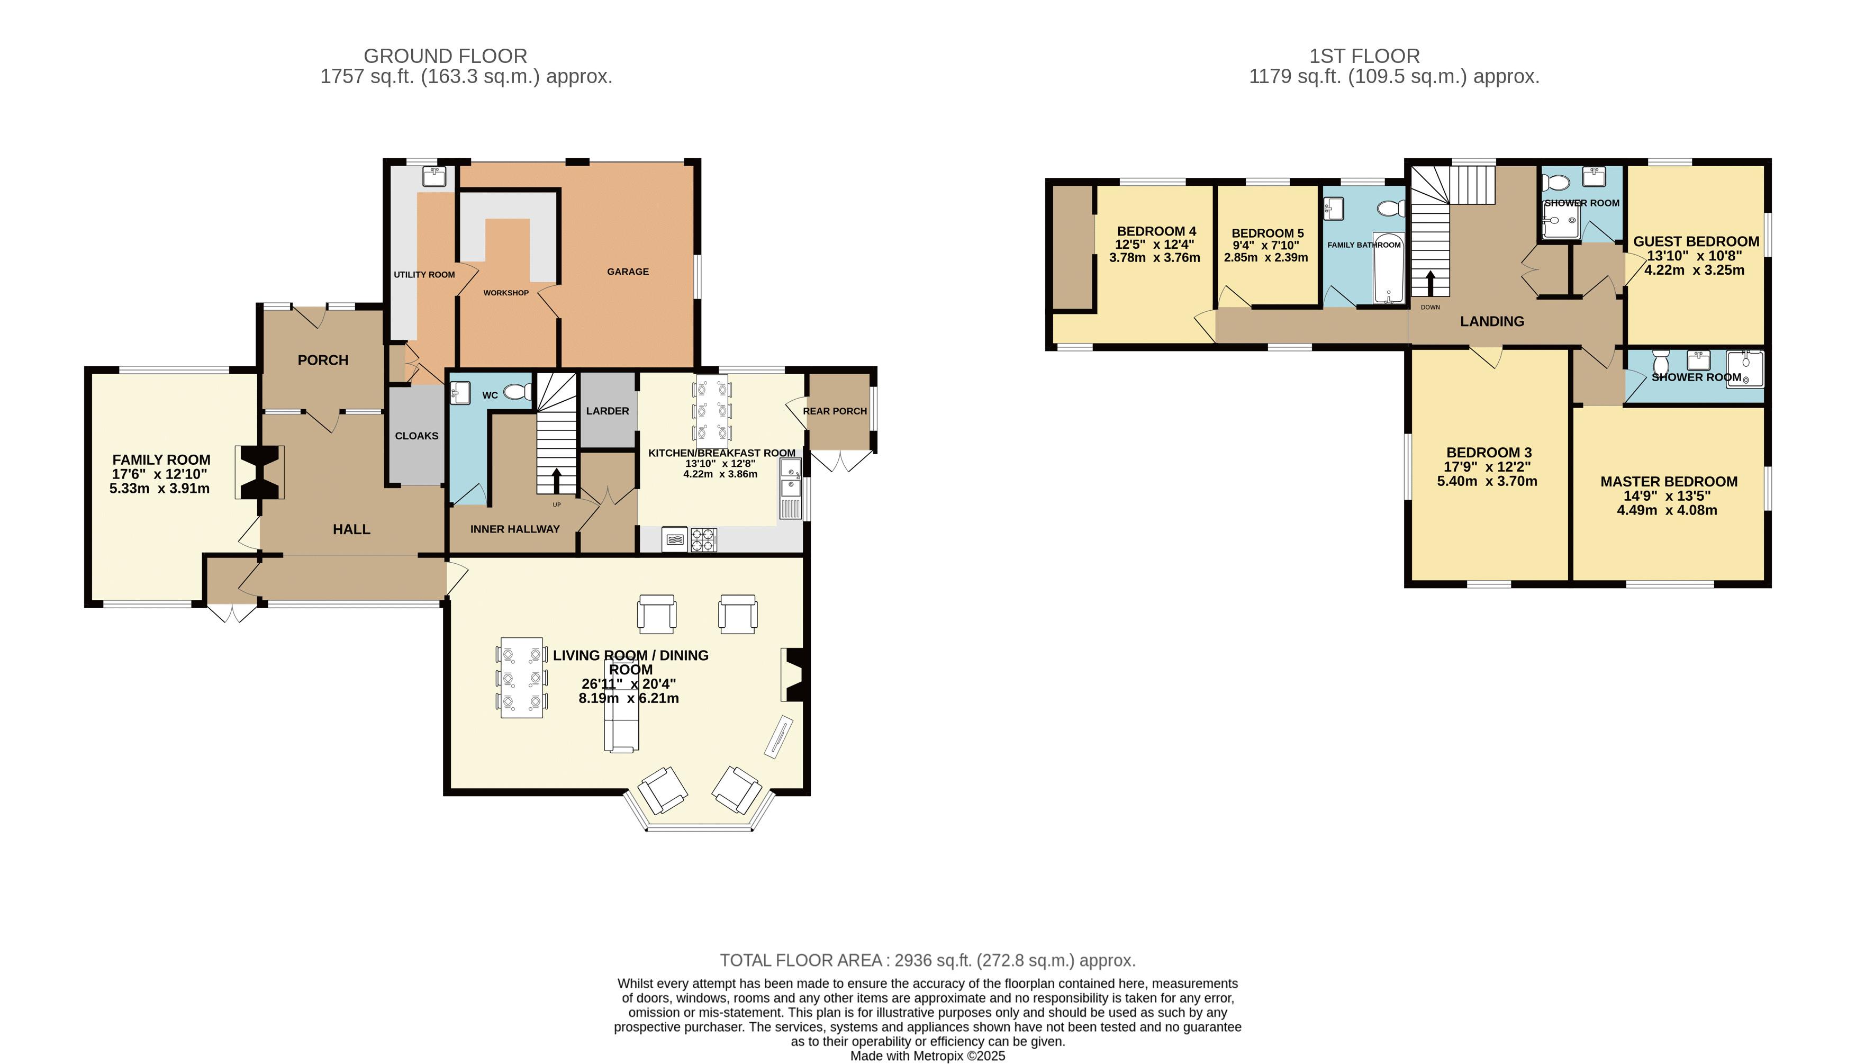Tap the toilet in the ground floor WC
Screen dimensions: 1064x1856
518,392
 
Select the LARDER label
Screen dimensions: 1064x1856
607,411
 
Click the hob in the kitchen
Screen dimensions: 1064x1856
703,539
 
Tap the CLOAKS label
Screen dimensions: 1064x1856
417,436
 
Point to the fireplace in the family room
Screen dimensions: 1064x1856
260,472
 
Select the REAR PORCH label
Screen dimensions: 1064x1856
834,411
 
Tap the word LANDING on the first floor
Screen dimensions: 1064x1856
1491,321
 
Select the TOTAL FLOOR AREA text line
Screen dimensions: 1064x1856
927,960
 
